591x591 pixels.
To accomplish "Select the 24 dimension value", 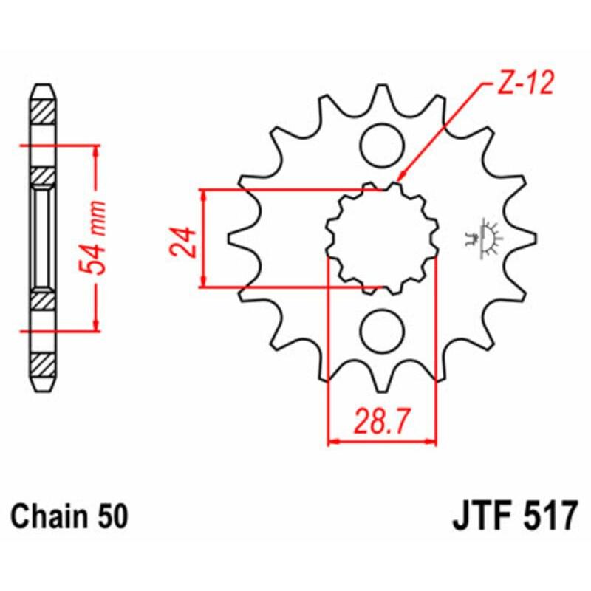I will click(185, 240).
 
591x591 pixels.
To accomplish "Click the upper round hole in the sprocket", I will click(382, 140).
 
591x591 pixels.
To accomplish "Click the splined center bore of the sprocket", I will click(382, 237).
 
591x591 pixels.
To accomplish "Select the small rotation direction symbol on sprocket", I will click(483, 237).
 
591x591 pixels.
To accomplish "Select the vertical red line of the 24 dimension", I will click(204, 237).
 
